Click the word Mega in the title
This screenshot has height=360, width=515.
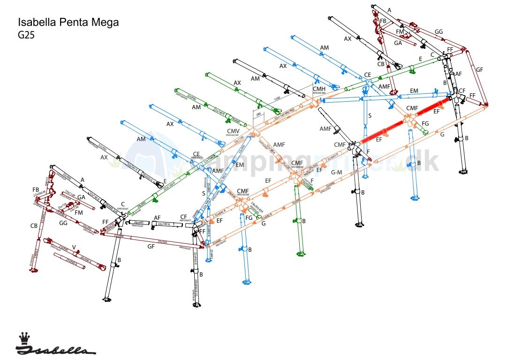(x=106, y=22)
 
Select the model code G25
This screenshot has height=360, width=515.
(x=26, y=34)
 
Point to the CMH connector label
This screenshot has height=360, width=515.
(x=319, y=89)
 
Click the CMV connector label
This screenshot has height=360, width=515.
(x=233, y=131)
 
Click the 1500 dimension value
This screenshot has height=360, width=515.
(x=277, y=99)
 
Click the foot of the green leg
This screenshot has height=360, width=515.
(x=301, y=254)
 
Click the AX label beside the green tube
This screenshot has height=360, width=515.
(x=237, y=83)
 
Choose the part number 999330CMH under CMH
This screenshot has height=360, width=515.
(x=319, y=93)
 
